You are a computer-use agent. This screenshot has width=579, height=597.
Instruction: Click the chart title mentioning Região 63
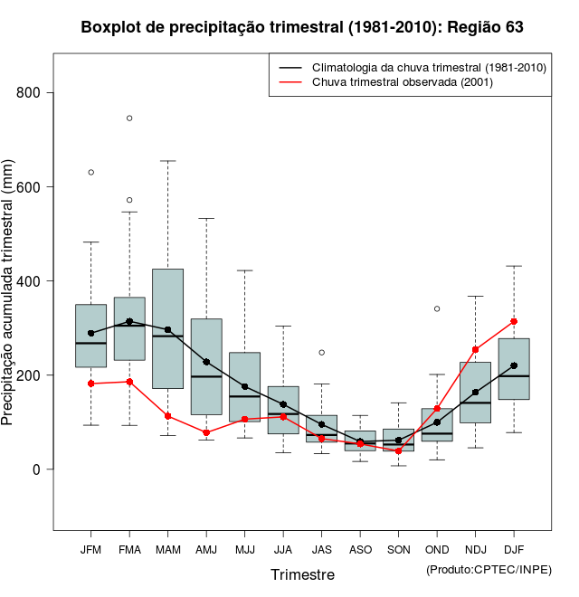coord(302,27)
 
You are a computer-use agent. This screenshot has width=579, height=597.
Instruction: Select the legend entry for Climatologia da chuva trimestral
coord(429,68)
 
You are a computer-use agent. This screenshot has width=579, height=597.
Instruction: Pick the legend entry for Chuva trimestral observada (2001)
coord(397,82)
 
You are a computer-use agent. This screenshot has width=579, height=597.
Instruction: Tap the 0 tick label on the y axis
coord(36,469)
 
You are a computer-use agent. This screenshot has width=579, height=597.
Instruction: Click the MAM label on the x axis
coord(167,549)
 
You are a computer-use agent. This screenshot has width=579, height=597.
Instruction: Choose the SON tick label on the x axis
coord(398,549)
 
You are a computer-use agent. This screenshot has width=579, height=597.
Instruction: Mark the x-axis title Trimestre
coord(302,574)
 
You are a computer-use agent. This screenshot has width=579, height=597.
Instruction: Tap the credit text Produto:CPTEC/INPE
coord(489,569)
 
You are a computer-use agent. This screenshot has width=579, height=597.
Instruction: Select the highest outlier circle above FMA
coord(129,118)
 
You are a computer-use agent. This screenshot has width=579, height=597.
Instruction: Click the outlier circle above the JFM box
coord(91,172)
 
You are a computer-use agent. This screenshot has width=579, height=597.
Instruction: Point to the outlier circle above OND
coord(437,308)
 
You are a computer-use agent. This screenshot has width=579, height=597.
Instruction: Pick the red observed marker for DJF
coord(514,321)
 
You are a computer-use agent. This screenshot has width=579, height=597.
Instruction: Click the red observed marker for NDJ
coord(475,349)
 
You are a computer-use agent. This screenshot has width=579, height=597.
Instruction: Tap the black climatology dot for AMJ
coord(206,362)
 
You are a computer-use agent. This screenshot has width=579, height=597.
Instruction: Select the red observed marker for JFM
coord(91,384)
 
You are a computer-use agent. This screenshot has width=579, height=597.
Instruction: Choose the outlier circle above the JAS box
coord(321,352)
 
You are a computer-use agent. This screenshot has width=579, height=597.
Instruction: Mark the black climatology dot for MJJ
coord(245,386)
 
